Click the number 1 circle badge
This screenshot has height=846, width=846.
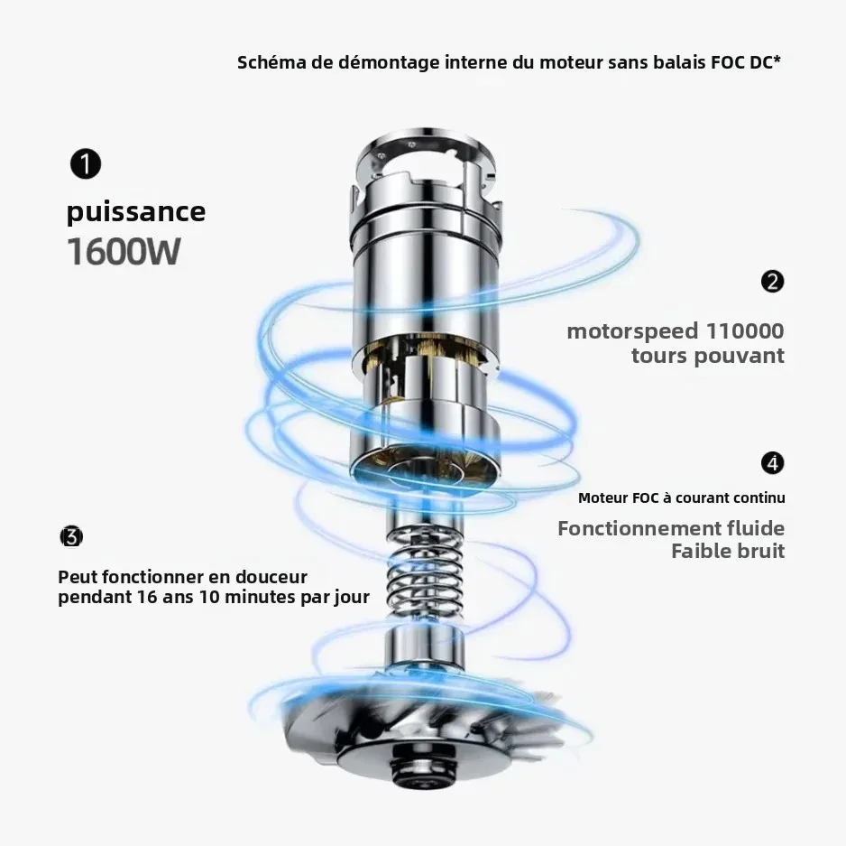tap(86, 165)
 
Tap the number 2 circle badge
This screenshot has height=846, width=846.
tap(772, 282)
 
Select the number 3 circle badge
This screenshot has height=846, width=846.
tap(71, 536)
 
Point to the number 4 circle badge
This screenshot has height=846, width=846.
tap(772, 463)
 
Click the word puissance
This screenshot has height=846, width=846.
tap(136, 212)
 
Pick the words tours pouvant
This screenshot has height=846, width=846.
tap(707, 356)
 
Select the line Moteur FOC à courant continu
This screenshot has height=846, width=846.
tap(681, 498)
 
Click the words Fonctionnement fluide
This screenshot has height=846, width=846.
tap(670, 528)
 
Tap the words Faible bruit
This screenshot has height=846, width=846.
tap(727, 551)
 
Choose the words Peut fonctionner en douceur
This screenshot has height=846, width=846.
tap(182, 577)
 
